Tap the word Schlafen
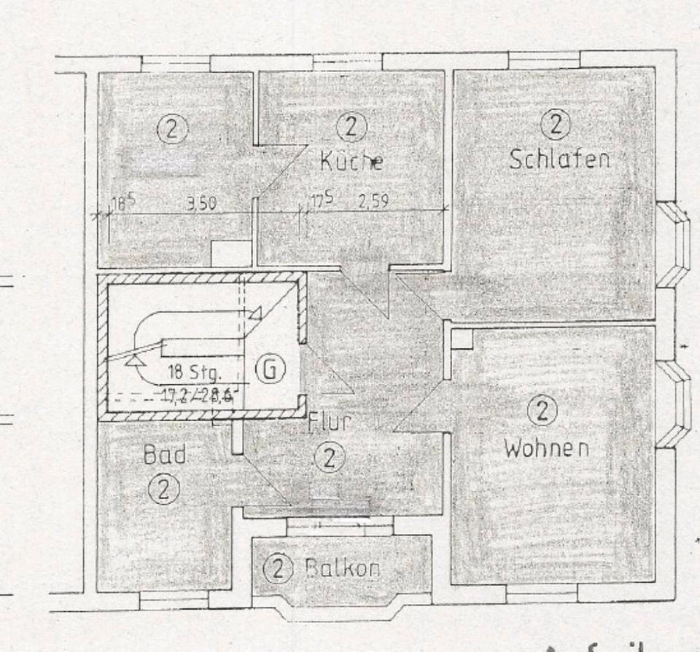559,159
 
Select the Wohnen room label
545,448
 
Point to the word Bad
164,456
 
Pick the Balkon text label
342,567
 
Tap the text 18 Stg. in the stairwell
195,372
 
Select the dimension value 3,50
201,205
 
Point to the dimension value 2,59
372,202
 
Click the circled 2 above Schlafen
555,125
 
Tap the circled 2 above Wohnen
542,413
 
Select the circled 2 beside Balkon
276,567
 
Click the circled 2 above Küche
351,127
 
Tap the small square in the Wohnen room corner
462,339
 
